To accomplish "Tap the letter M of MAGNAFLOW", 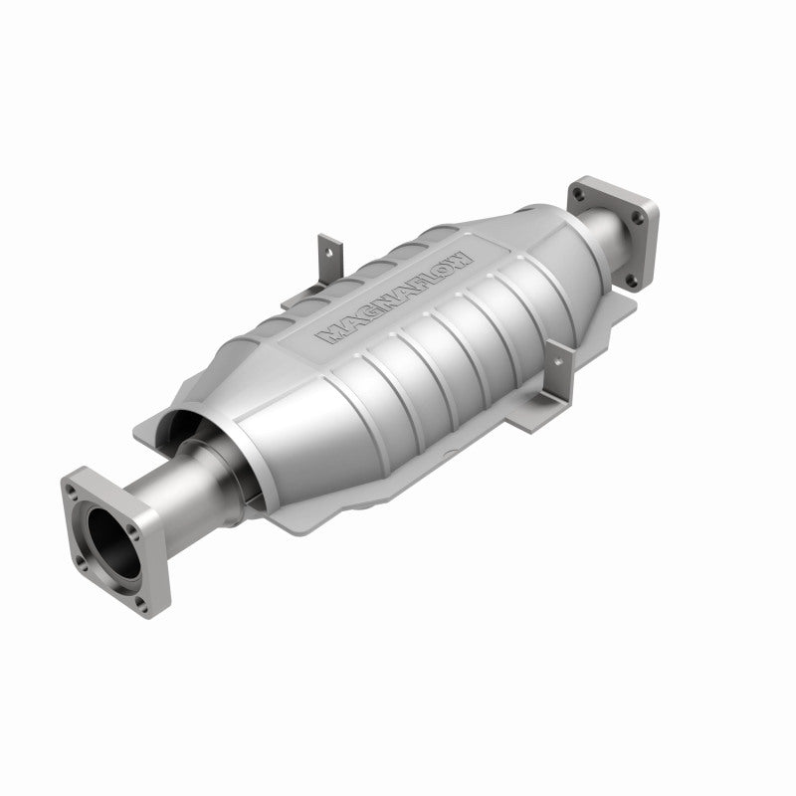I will [330, 336].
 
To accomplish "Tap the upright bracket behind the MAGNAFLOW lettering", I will [325, 257].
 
